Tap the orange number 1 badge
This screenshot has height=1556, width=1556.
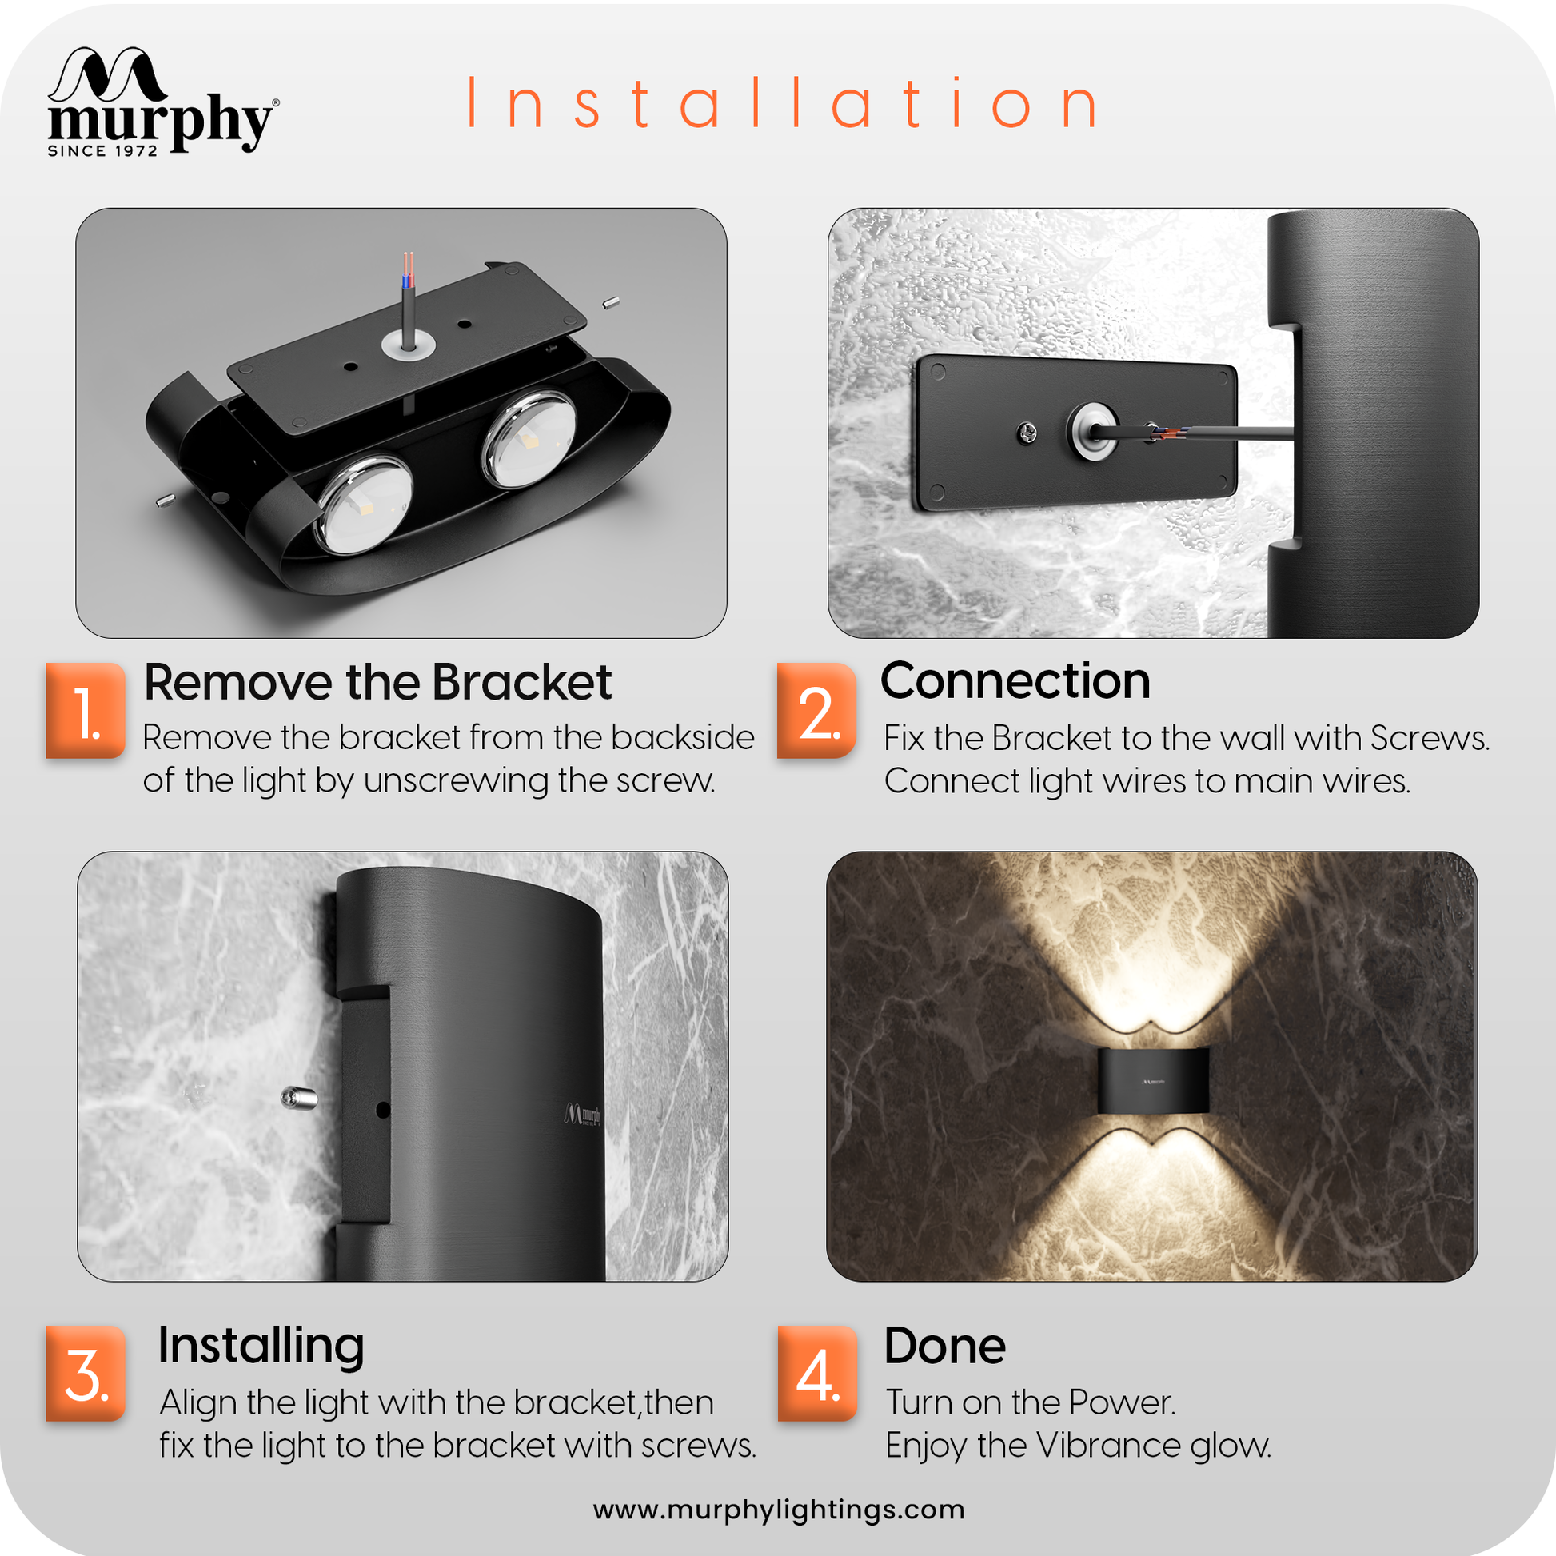(x=86, y=710)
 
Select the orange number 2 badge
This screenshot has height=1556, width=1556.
(x=816, y=710)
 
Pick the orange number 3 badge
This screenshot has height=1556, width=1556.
(x=86, y=1373)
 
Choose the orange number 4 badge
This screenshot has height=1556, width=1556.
(x=817, y=1373)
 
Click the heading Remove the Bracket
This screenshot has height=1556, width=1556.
(x=377, y=683)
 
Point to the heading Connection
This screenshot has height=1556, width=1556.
(x=1015, y=681)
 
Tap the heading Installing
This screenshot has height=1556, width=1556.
(x=261, y=1346)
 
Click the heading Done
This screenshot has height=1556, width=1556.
(x=945, y=1346)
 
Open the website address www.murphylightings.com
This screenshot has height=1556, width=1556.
(x=779, y=1510)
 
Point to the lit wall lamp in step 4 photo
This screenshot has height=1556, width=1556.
(x=1153, y=1080)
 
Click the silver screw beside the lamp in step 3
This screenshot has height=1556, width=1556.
(x=299, y=1097)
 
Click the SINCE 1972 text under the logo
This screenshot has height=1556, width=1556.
(x=102, y=150)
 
